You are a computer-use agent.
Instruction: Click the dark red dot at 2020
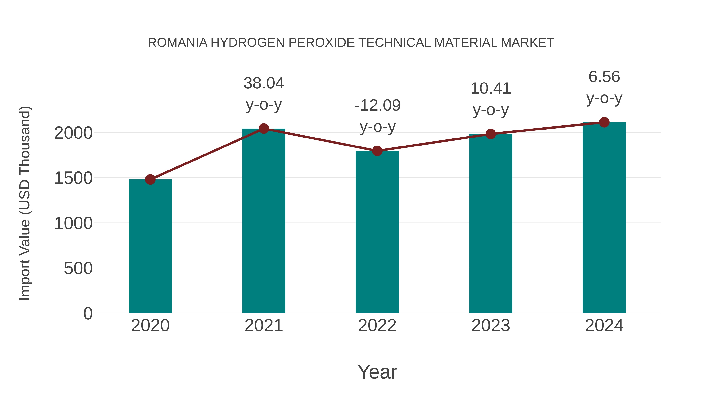click(150, 179)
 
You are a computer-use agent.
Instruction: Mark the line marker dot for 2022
click(377, 151)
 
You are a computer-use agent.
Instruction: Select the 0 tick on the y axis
click(88, 313)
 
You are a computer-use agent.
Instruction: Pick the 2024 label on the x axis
click(604, 326)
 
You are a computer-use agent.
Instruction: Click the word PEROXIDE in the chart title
click(321, 43)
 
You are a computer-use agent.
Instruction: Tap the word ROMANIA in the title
click(177, 43)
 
